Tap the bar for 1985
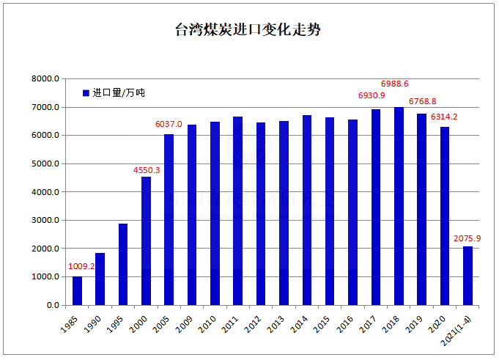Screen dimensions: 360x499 (77, 290)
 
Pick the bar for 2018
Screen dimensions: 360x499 (399, 206)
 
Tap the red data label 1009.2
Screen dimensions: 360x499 (81, 267)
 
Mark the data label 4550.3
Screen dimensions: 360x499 (147, 170)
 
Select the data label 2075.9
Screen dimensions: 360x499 (466, 238)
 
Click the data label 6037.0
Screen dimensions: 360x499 (169, 125)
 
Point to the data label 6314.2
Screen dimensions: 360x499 (444, 117)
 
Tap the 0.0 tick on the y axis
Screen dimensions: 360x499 (52, 305)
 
